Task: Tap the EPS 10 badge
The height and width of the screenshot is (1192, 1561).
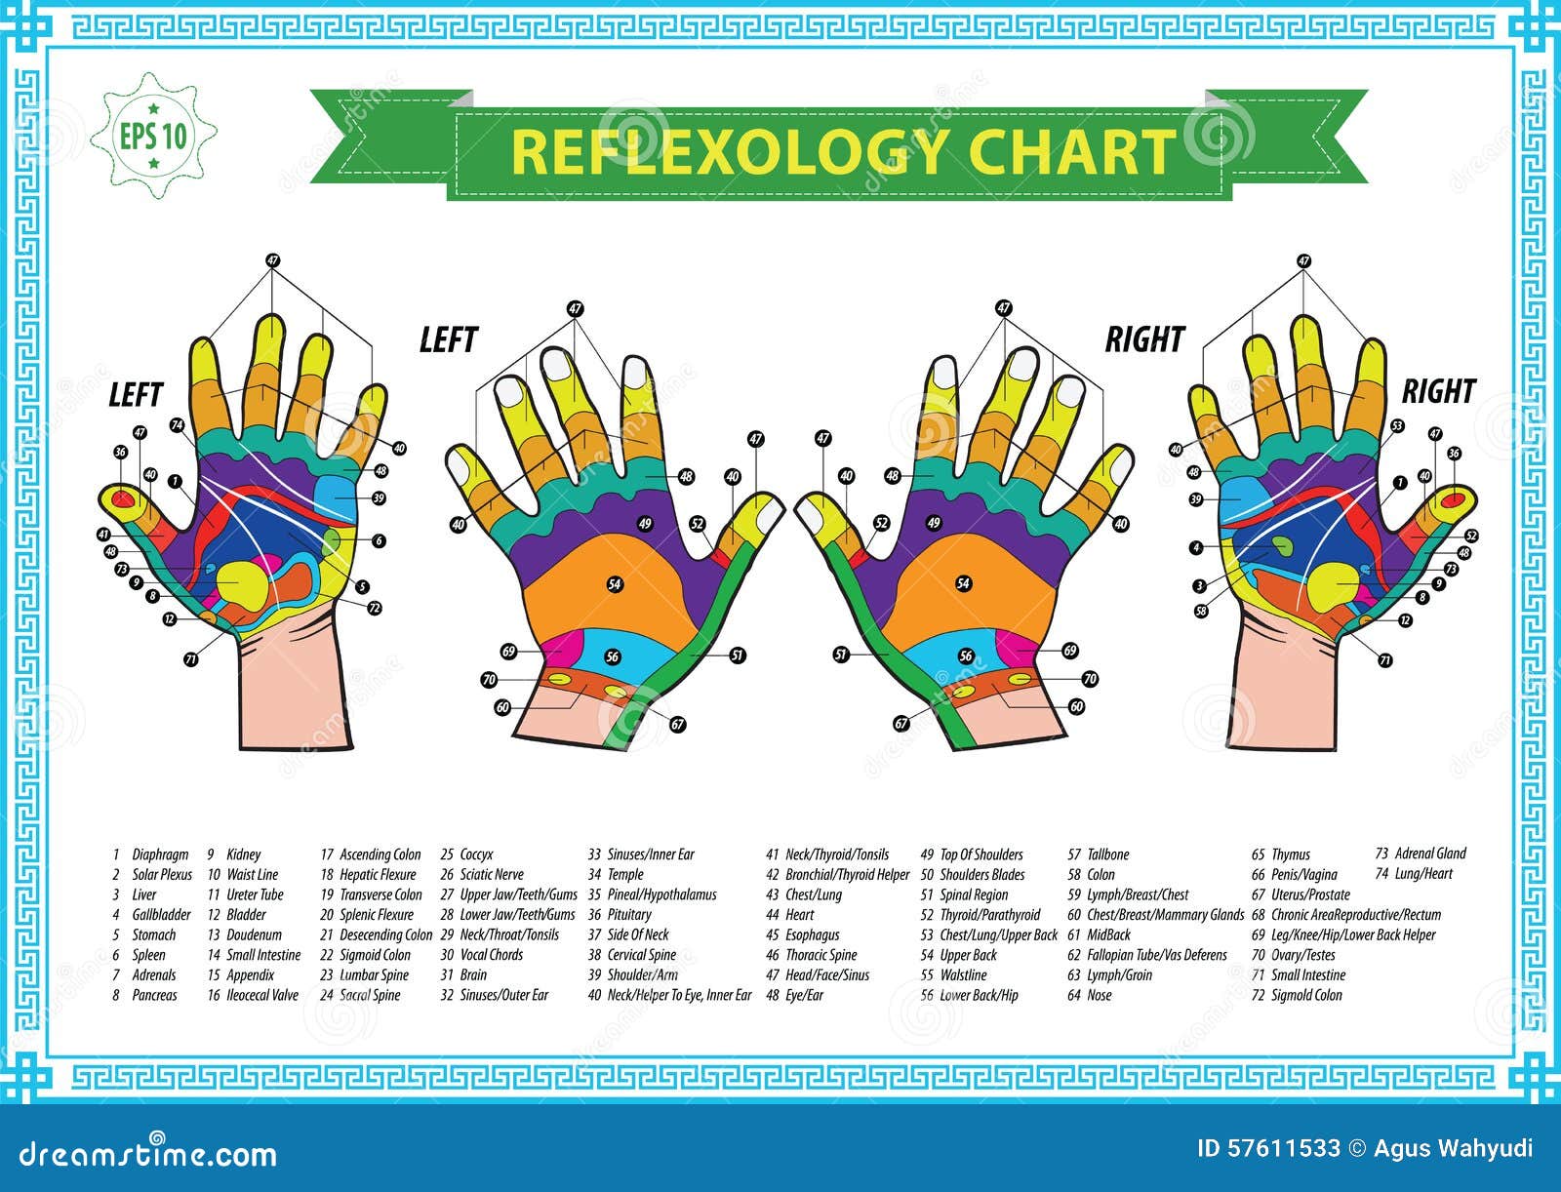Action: click(x=153, y=136)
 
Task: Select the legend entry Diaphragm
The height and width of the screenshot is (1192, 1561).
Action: click(x=160, y=854)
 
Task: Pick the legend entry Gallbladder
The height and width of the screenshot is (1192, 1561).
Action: click(x=158, y=915)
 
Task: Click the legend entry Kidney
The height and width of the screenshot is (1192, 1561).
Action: click(x=244, y=854)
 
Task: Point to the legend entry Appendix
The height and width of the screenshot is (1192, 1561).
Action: click(x=251, y=974)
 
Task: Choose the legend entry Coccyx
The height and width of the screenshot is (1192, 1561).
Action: click(x=476, y=854)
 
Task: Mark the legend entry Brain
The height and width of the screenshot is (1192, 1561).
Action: click(x=473, y=974)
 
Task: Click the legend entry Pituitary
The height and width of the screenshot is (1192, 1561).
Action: click(x=629, y=915)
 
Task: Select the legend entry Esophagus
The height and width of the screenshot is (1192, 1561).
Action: click(x=813, y=934)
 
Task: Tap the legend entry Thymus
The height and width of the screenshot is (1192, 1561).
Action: click(x=1291, y=854)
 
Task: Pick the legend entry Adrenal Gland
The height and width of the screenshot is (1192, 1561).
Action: click(x=1430, y=854)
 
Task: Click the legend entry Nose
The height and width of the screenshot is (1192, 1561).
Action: click(x=1100, y=995)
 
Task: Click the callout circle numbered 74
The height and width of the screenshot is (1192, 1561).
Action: click(x=177, y=425)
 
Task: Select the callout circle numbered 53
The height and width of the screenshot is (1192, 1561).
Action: click(x=1397, y=426)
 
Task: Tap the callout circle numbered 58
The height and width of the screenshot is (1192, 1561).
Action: click(x=1201, y=611)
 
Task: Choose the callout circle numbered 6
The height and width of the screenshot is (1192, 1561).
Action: click(x=379, y=541)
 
